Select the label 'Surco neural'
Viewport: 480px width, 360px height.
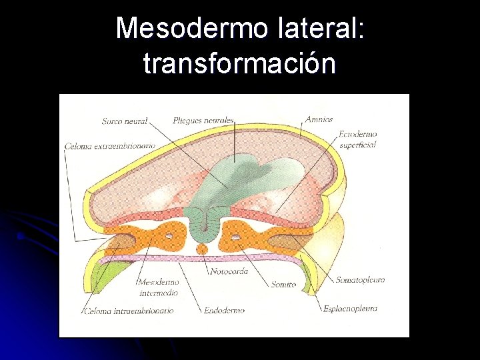(x=124, y=121)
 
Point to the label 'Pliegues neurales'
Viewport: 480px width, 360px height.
(x=203, y=121)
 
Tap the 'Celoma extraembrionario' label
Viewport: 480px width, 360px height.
(x=110, y=145)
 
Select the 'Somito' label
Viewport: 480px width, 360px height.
(x=283, y=284)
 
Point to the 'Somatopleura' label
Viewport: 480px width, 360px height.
(x=360, y=280)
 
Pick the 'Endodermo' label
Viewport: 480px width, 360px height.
(x=224, y=310)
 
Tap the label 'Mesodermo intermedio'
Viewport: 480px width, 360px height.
(x=159, y=287)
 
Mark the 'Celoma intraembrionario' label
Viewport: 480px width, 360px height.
(x=129, y=311)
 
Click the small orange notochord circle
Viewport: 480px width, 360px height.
(x=202, y=249)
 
